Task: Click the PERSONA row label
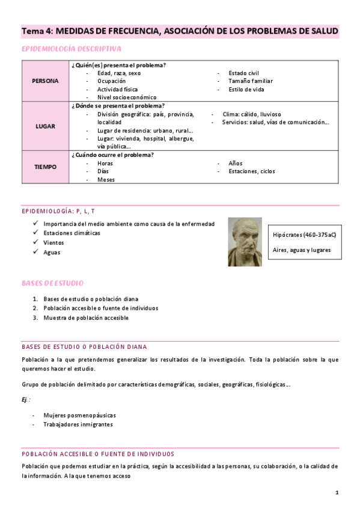[x=46, y=81]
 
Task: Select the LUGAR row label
[x=46, y=126]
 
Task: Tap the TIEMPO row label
[x=46, y=167]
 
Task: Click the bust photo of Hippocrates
[x=245, y=242]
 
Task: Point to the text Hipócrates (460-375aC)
[x=304, y=234]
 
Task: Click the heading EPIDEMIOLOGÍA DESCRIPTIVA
[x=72, y=48]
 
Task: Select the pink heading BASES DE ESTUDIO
[x=52, y=283]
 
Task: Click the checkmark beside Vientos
[x=36, y=243]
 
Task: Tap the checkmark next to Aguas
[x=36, y=253]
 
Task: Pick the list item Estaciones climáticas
[x=72, y=233]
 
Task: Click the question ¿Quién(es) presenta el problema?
[x=118, y=64]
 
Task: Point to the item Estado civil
[x=243, y=73]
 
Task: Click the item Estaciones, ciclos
[x=251, y=171]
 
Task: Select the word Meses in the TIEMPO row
[x=106, y=179]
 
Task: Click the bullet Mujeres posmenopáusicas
[x=79, y=415]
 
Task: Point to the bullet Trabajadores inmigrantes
[x=78, y=424]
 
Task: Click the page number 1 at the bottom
[x=337, y=493]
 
